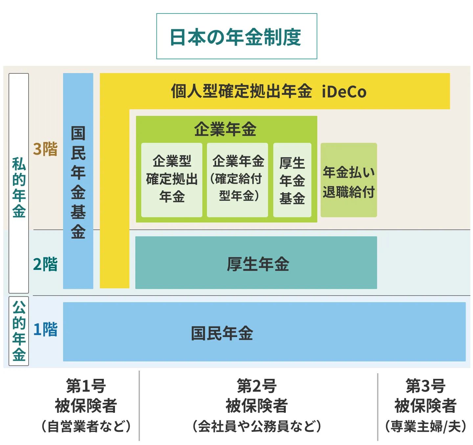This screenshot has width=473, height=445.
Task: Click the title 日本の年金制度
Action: [236, 37]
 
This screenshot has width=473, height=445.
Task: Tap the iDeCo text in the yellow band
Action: [344, 92]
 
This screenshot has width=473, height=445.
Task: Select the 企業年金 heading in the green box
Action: [225, 129]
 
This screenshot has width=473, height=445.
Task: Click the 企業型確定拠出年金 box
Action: [172, 180]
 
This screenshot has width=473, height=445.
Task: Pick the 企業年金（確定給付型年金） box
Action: [237, 180]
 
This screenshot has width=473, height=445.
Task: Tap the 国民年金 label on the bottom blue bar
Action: [222, 333]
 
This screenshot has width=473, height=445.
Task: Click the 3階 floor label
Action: [45, 149]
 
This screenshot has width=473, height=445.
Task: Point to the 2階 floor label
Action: [45, 264]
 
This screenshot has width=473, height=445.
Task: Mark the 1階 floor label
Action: [45, 329]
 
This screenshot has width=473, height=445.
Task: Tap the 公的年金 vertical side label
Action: [19, 331]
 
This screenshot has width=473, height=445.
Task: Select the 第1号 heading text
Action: [86, 386]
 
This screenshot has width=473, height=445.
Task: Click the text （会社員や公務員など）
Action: [257, 426]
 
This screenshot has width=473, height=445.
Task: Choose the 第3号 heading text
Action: [426, 386]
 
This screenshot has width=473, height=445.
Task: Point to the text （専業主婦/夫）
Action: [426, 426]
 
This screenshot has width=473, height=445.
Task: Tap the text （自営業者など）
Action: [86, 426]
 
